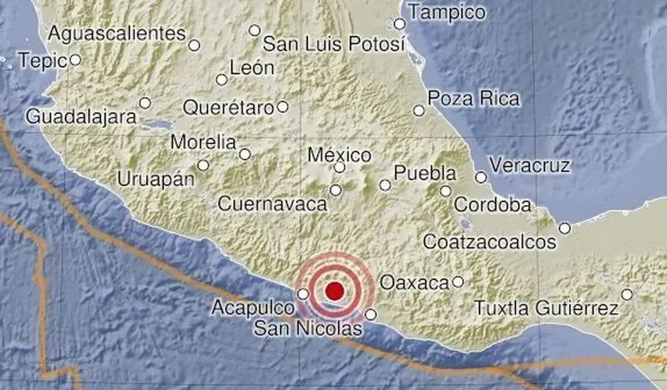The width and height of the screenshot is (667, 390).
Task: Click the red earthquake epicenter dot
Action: coord(334,292)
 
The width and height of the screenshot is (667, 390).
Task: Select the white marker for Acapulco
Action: coord(303,293)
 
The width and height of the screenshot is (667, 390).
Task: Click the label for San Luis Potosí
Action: coord(334,44)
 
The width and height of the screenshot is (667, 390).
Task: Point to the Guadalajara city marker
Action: coord(145,103)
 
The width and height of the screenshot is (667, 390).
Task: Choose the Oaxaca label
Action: coord(415,282)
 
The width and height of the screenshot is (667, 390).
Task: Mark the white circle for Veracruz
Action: coord(481,177)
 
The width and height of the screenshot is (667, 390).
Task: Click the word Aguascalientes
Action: coord(117,34)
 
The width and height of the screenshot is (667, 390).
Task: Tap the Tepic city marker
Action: coord(75,59)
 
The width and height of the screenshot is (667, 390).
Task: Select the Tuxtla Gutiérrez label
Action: coord(546,309)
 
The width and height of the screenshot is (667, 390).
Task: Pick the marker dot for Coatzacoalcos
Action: coord(564,228)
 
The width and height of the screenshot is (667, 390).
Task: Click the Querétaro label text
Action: coord(228,107)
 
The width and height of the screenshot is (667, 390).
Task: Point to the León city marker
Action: coord(222,80)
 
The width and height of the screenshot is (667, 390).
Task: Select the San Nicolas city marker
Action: coord(371,314)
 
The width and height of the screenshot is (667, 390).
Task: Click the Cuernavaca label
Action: coord(272,204)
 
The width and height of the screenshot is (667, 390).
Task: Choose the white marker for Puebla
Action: coord(385,185)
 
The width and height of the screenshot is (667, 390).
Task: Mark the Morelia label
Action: coord(203,143)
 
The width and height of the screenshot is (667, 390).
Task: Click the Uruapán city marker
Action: coord(203,165)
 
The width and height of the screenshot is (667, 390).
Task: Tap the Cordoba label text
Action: coord(493,205)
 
